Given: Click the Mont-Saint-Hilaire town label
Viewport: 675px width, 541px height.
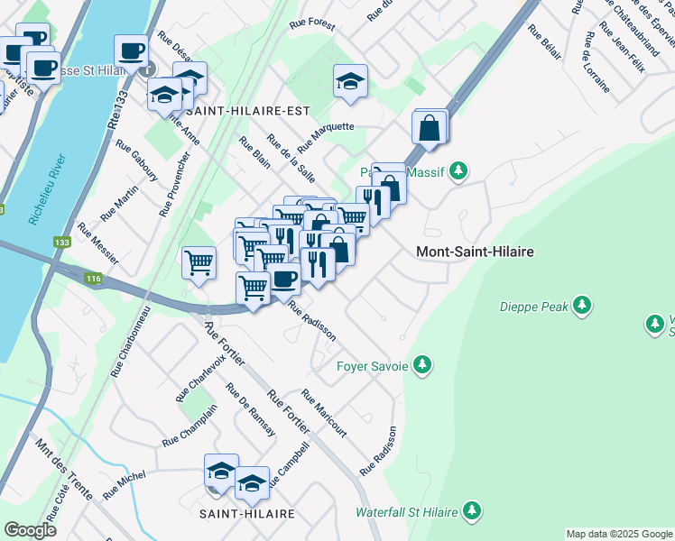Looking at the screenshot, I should click(475, 252).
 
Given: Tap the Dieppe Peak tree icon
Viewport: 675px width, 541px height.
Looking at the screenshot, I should click(583, 306).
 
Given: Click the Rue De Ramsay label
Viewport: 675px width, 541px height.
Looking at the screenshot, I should click(251, 410).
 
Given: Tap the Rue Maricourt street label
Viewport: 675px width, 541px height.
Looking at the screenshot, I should click(324, 413).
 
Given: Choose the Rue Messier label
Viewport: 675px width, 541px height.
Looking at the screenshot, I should click(97, 243).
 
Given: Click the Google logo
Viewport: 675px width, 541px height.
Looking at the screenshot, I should click(30, 529).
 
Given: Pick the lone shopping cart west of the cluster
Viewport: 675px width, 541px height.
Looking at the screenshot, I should click(199, 263).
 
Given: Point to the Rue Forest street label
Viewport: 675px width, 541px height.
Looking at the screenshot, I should click(312, 25).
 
